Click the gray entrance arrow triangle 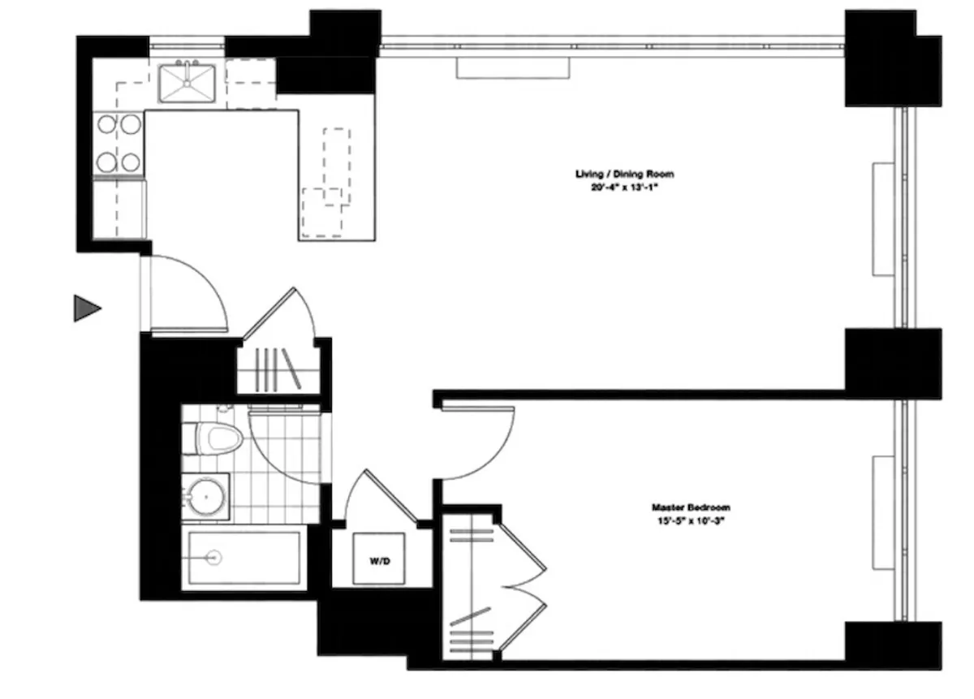coord(86,308)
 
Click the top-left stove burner coord(108,124)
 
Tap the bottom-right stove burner coord(130,160)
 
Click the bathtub coord(243,558)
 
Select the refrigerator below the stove coord(119,209)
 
